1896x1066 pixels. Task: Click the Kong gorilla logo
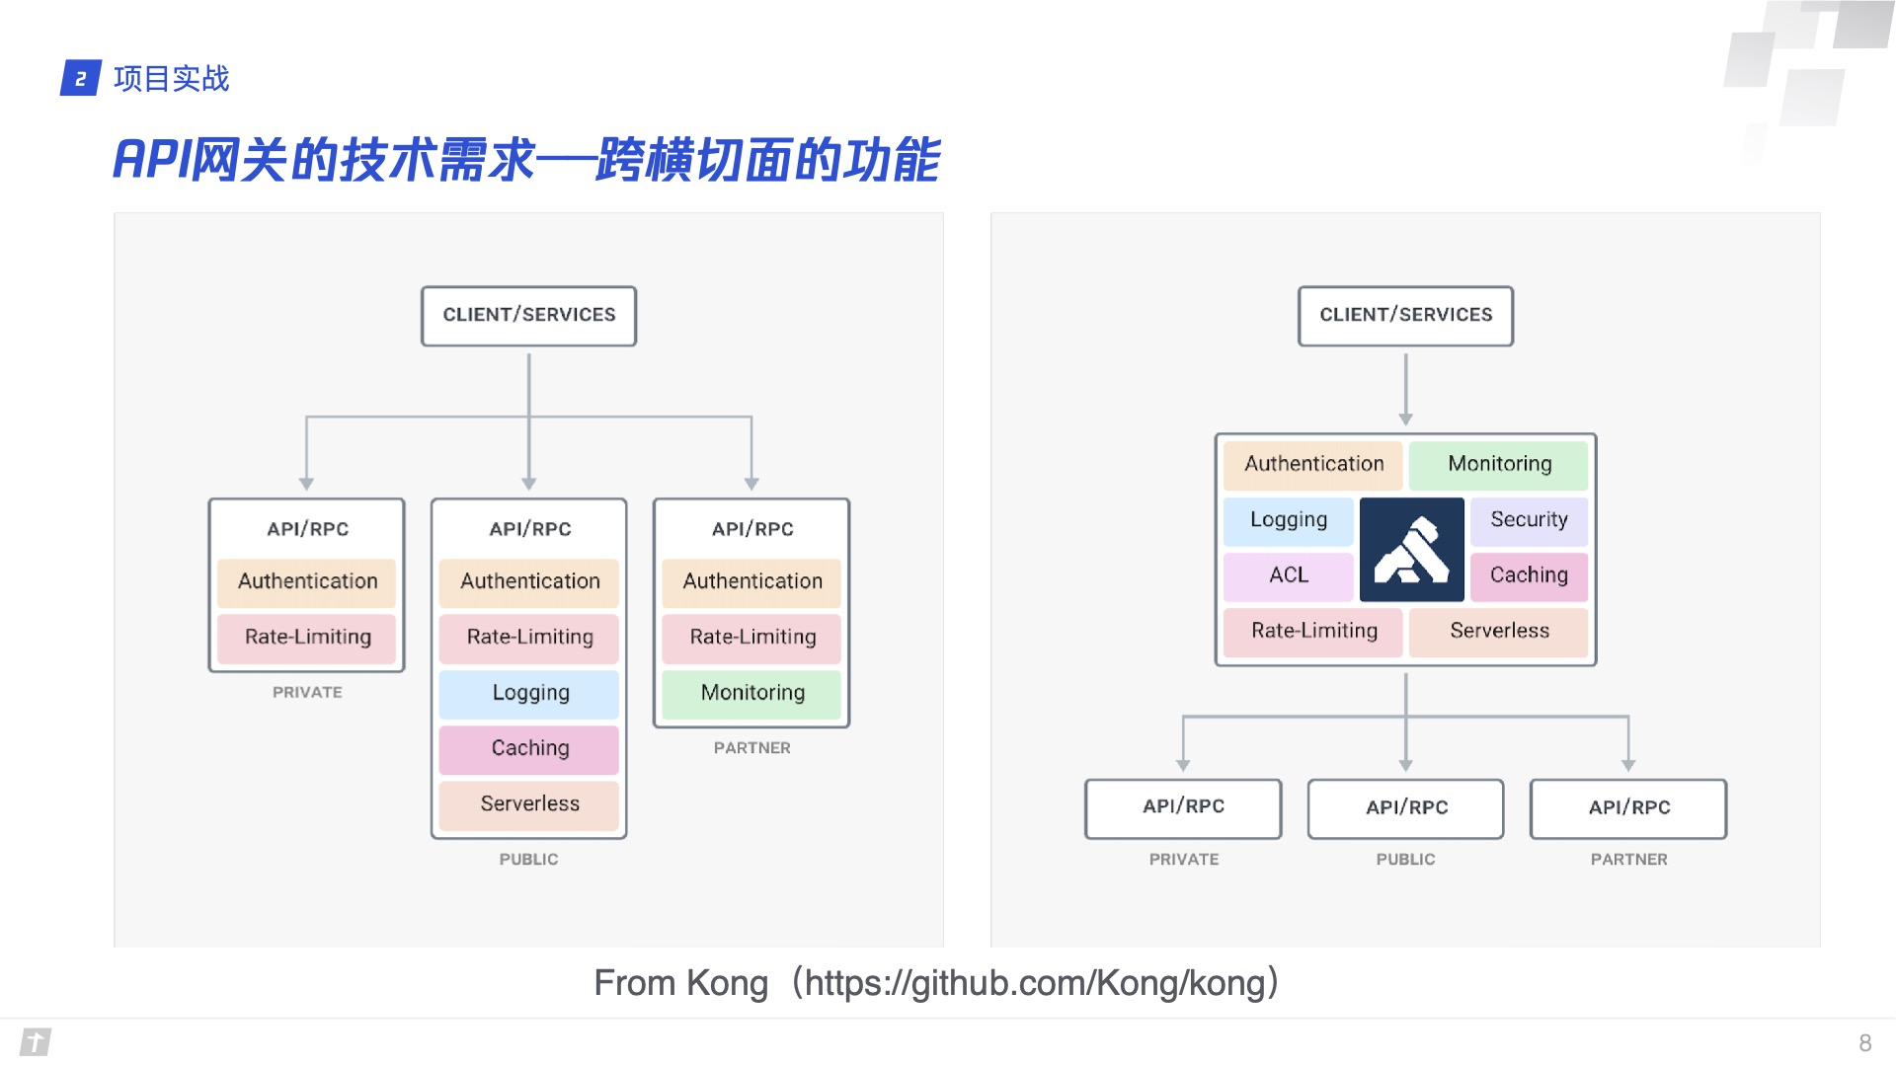point(1411,550)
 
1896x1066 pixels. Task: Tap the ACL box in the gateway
point(1288,575)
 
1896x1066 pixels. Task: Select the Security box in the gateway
point(1529,520)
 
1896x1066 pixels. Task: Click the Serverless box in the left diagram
point(529,804)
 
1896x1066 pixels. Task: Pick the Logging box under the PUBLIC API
point(529,693)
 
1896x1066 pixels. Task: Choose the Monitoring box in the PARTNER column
point(751,693)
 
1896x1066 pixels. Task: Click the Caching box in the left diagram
point(529,749)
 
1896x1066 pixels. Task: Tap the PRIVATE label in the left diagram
point(307,693)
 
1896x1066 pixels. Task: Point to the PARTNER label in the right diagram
point(1628,860)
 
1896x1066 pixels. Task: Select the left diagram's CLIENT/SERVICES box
point(528,316)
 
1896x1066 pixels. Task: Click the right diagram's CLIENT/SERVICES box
point(1405,316)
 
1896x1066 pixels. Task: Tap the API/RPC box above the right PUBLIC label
point(1405,808)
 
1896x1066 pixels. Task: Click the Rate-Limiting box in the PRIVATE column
point(307,638)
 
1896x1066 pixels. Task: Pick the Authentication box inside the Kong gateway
point(1313,465)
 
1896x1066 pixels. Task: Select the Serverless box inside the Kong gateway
point(1498,632)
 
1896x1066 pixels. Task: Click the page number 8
point(1864,1043)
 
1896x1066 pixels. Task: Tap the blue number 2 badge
point(81,79)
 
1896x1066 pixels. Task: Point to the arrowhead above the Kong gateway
point(1405,419)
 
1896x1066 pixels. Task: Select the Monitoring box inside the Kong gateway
point(1498,465)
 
